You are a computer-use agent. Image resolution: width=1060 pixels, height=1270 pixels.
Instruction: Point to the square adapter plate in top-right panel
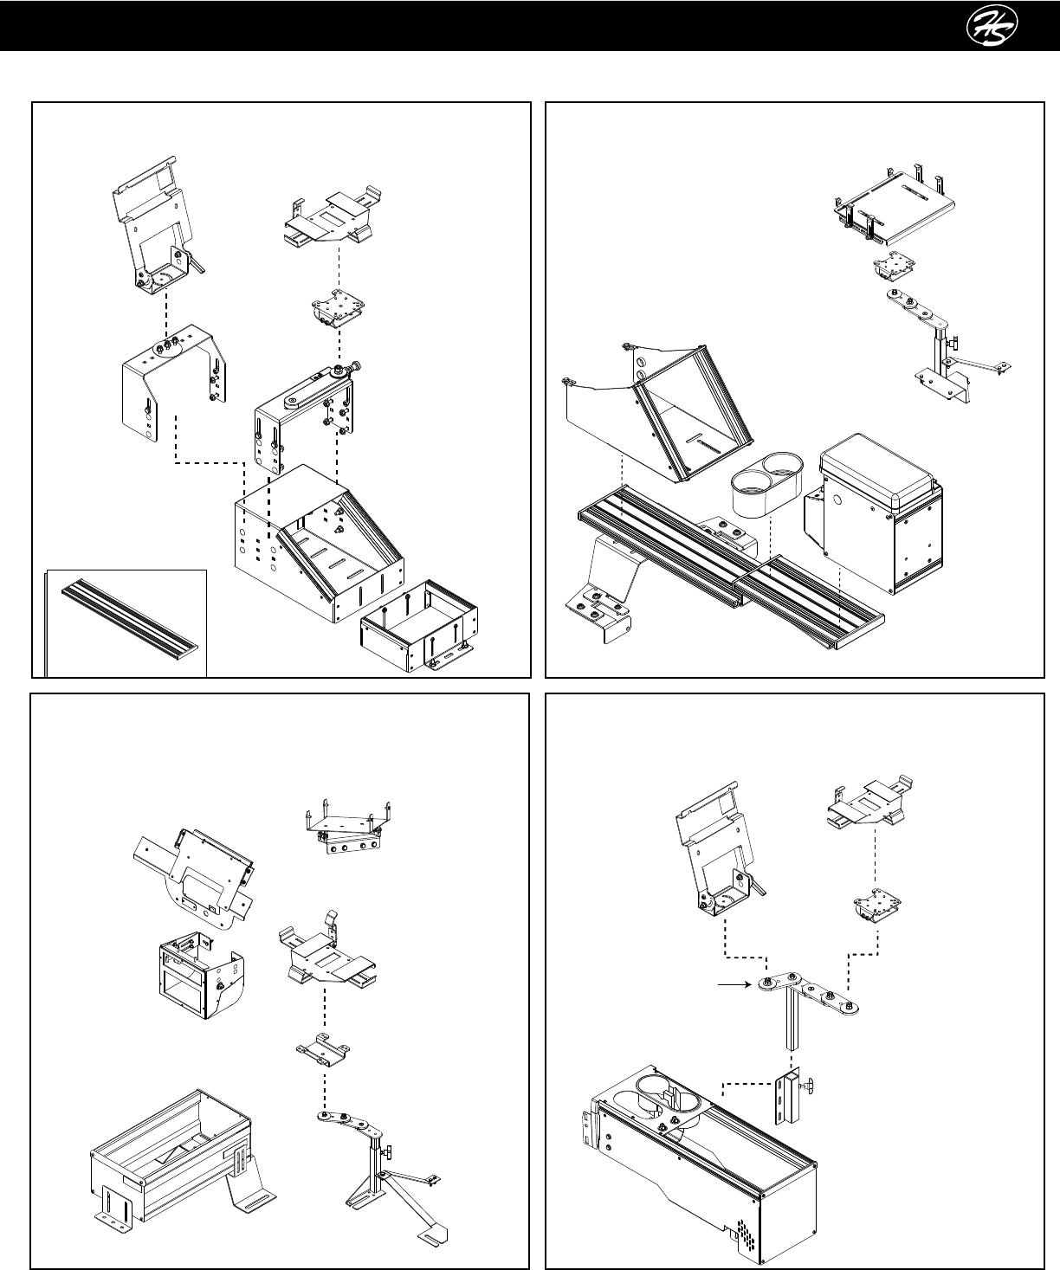887,266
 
